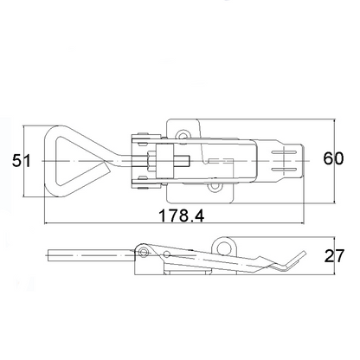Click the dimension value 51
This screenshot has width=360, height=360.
click(x=21, y=161)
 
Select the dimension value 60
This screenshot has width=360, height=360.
click(x=333, y=158)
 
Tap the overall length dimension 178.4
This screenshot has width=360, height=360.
click(x=182, y=215)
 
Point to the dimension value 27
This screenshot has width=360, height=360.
click(x=334, y=256)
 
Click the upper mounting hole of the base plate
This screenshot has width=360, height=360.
click(x=183, y=135)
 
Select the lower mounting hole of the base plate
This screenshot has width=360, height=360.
click(x=215, y=187)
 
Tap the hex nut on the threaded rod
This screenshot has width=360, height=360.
click(x=151, y=161)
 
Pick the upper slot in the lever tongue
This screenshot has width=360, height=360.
click(x=284, y=152)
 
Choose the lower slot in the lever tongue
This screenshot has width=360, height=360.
click(x=284, y=170)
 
